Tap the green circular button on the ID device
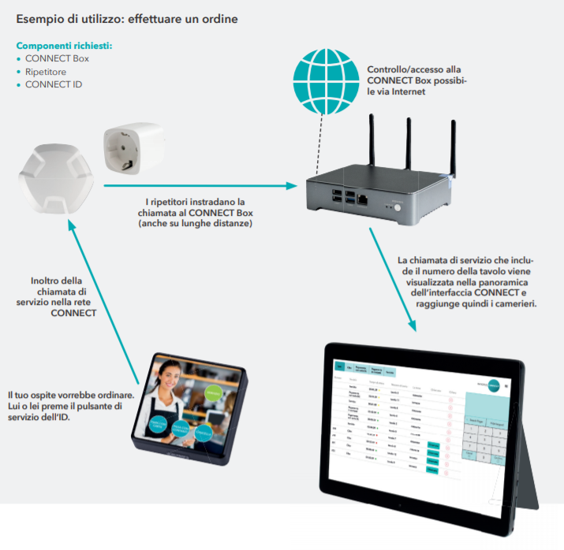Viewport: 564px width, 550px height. pyautogui.click(x=211, y=393)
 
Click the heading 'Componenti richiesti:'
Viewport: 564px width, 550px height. pyautogui.click(x=64, y=46)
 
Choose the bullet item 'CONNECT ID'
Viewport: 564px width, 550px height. pyautogui.click(x=54, y=84)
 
